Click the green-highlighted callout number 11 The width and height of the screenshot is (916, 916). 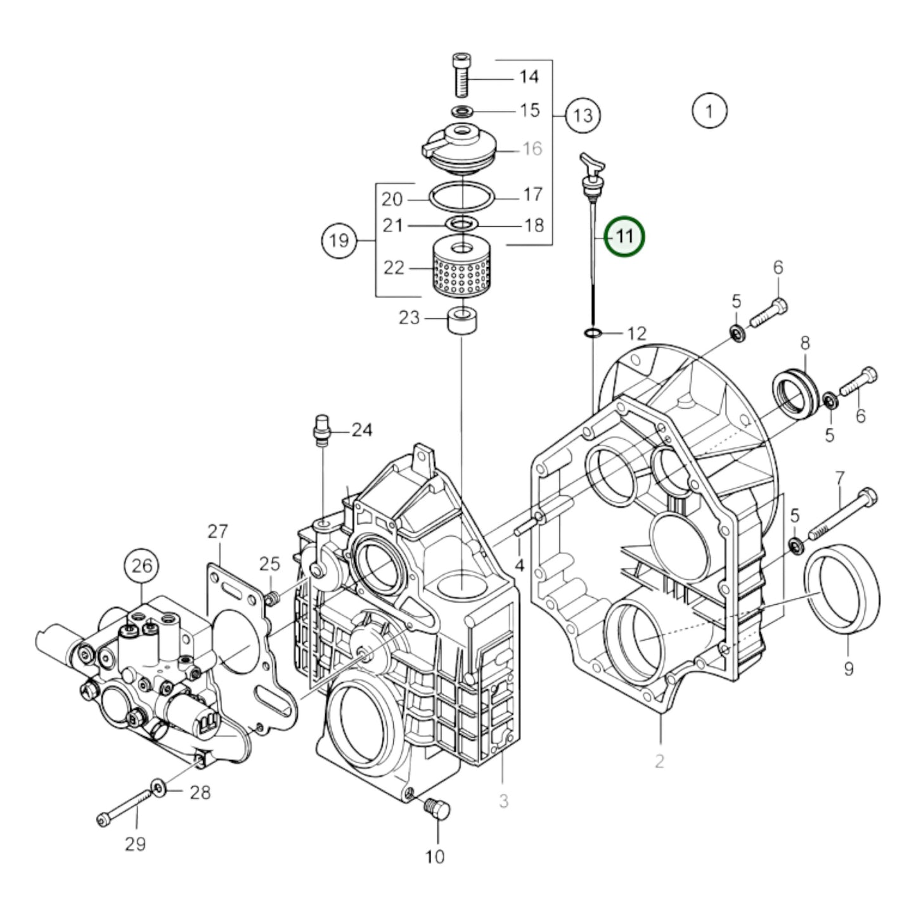pos(624,236)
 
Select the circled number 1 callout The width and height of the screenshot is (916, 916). pos(709,112)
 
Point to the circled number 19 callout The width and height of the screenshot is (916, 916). pos(339,240)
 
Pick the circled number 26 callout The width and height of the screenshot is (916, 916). pos(142,565)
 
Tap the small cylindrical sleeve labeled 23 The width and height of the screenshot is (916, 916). pos(462,322)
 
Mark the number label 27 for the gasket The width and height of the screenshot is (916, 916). pos(217,531)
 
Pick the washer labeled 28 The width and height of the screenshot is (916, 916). pos(157,789)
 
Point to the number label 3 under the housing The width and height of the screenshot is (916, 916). pos(503,801)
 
